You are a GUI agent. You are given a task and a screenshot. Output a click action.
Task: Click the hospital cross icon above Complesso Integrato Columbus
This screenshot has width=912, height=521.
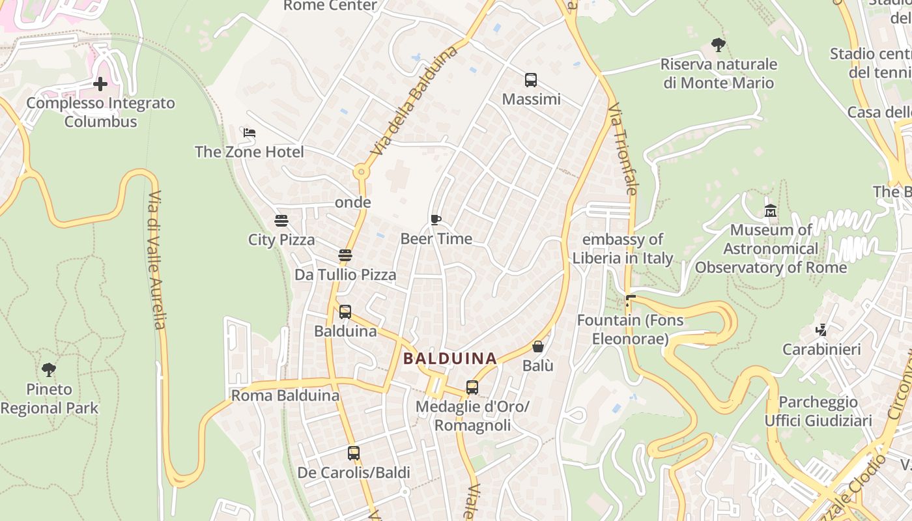click(100, 84)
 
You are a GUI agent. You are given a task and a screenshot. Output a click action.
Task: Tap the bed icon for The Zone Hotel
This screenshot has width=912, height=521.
click(249, 133)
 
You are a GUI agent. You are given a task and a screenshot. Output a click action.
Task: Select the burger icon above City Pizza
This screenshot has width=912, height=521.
click(281, 221)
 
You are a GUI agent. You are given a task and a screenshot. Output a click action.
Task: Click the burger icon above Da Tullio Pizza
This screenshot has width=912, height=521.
click(345, 255)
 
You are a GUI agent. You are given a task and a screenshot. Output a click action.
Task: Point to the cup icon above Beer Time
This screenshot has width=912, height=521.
click(436, 219)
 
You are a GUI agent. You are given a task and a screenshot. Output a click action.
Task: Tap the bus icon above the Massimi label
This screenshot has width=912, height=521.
click(531, 80)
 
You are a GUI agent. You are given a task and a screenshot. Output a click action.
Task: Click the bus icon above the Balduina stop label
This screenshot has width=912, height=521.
click(345, 312)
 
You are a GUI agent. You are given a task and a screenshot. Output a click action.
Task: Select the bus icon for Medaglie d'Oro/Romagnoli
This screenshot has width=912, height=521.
click(472, 387)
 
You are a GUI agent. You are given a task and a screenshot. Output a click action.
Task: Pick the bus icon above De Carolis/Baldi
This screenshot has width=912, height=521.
click(354, 453)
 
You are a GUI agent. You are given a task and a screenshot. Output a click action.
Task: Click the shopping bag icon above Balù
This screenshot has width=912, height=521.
click(538, 346)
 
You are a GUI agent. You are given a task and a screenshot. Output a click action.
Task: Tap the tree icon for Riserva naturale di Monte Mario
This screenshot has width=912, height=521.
click(719, 45)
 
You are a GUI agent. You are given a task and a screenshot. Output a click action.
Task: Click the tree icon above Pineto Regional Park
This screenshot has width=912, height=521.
click(49, 371)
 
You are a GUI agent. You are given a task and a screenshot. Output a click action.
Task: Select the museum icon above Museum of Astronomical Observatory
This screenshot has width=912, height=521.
click(771, 210)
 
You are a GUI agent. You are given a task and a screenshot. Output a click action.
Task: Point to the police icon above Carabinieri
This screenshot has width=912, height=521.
click(821, 330)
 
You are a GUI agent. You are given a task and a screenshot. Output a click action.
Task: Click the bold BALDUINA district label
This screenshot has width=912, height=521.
click(450, 358)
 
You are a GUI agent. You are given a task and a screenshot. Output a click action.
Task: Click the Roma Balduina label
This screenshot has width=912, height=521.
click(285, 395)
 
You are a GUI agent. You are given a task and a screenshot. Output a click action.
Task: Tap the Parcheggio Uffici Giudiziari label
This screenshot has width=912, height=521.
click(818, 411)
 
